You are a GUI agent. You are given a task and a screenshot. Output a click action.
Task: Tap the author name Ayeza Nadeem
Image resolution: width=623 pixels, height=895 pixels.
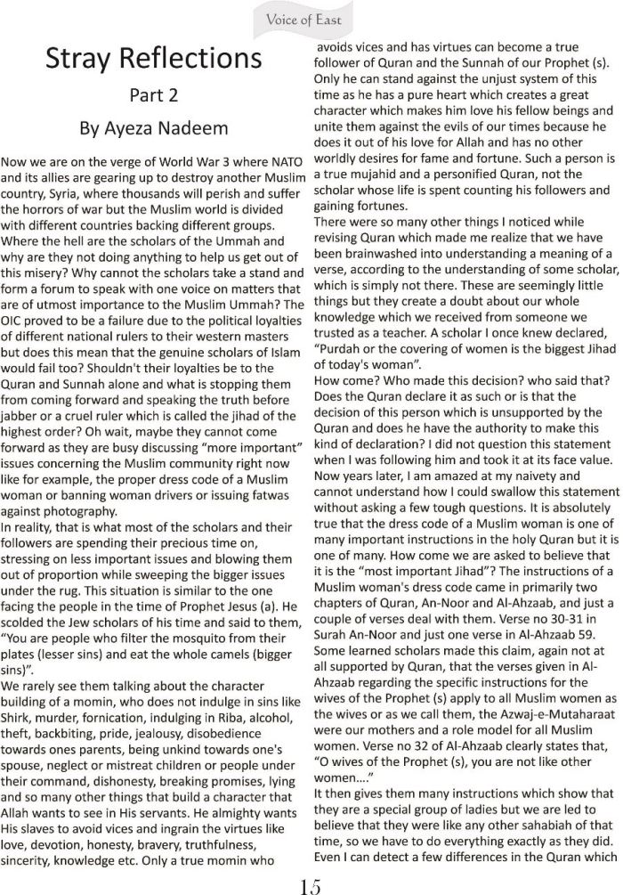[x=153, y=129]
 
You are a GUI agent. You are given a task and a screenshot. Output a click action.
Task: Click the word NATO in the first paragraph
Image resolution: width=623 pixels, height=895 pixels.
[x=280, y=164]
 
